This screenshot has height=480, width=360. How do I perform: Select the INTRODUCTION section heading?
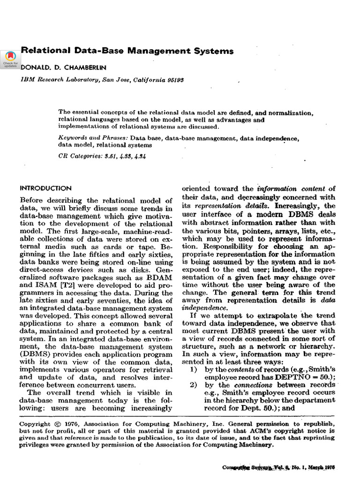(45, 188)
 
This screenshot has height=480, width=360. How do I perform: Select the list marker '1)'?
(192, 369)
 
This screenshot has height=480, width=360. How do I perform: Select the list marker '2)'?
(192, 385)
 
